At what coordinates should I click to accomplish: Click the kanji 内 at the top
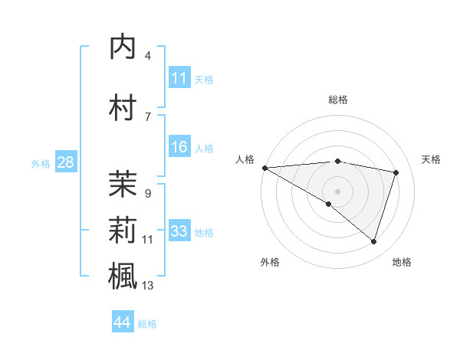123,47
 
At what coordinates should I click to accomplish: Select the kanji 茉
123,184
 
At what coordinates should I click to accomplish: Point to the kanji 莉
123,230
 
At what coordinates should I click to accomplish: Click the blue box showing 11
179,78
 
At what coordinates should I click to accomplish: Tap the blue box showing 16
179,148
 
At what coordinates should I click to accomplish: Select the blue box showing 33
179,232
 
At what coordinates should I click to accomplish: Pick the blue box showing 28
65,163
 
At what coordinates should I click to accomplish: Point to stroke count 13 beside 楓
148,286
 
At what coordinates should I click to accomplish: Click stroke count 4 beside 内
148,56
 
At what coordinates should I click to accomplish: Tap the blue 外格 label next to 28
41,164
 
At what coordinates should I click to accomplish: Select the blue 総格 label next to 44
147,324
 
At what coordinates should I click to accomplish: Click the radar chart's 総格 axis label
337,100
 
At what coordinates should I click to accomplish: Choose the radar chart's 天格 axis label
431,159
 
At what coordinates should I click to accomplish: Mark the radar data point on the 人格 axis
264,167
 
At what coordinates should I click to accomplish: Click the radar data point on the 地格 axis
373,241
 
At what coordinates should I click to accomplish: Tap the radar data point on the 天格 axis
396,172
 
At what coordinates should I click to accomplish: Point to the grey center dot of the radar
337,191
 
